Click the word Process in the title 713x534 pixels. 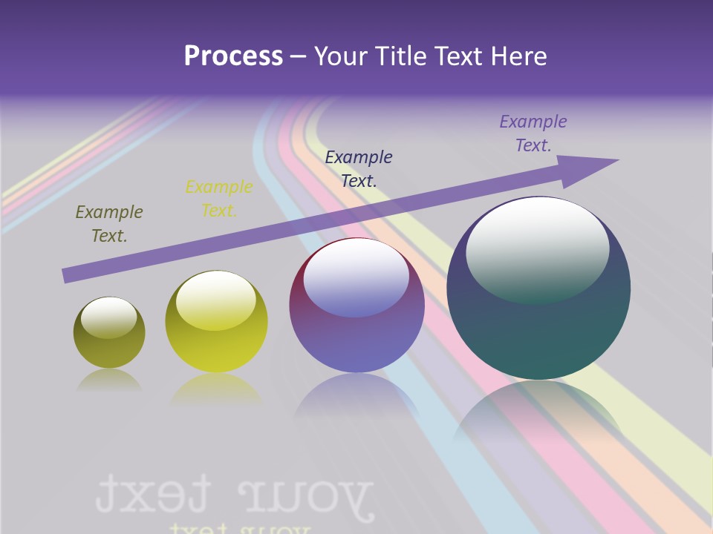tap(233, 56)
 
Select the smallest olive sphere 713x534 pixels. tap(109, 333)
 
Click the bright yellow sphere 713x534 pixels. tap(216, 322)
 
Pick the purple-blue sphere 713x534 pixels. tap(356, 306)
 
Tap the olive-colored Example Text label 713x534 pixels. tap(109, 224)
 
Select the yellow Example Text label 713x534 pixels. tap(219, 199)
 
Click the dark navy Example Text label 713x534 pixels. tap(359, 168)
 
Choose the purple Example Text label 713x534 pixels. tap(533, 133)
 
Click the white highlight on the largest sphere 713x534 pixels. tap(538, 248)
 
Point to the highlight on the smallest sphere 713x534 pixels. tap(108, 317)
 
